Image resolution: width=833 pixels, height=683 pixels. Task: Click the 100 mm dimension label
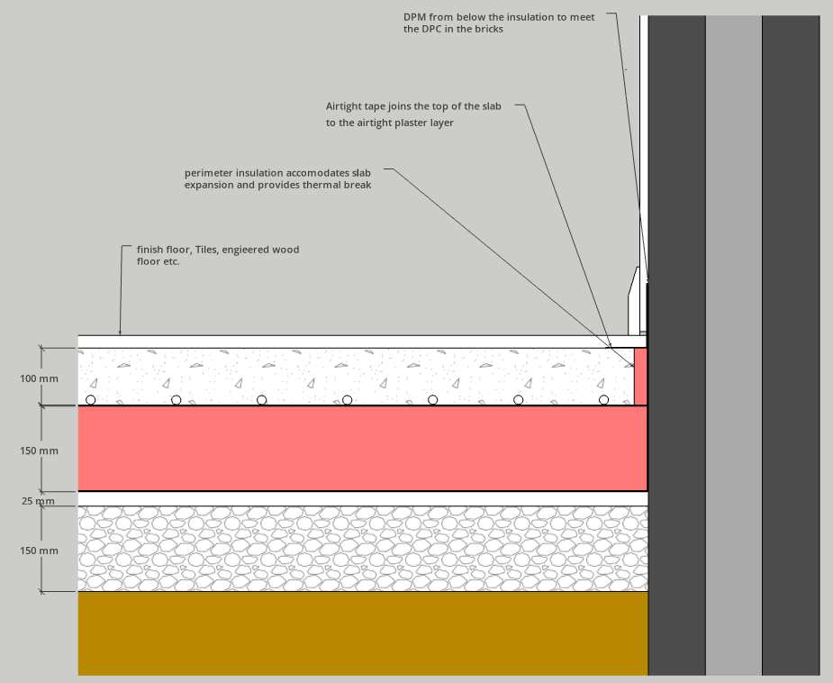coord(39,379)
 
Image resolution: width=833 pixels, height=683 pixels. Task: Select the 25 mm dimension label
coord(38,501)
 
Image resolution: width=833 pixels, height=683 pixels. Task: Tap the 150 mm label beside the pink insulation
coord(39,451)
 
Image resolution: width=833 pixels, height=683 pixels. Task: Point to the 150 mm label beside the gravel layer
coord(39,551)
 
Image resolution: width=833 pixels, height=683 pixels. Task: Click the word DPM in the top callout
coord(414,17)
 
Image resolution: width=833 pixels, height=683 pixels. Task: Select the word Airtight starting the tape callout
coord(344,106)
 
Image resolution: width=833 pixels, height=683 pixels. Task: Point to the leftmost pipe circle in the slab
coord(91,400)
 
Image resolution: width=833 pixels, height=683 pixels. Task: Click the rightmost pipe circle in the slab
coord(603,400)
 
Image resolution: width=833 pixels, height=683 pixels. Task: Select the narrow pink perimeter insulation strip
coord(640,377)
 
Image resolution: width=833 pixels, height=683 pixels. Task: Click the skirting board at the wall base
coord(637,301)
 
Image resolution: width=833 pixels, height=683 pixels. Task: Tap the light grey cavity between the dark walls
coord(734,345)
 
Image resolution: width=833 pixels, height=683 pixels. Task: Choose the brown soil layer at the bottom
coord(363,633)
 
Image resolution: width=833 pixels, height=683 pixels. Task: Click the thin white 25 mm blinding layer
coord(363,498)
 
